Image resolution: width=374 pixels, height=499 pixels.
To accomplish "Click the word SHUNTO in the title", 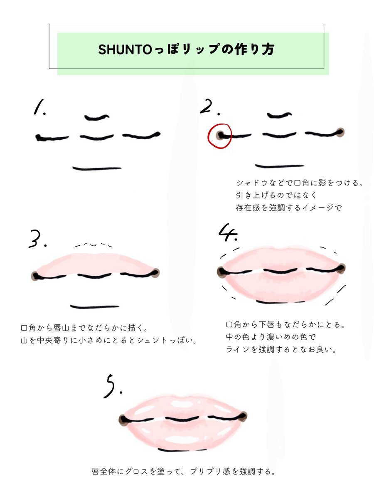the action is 125,49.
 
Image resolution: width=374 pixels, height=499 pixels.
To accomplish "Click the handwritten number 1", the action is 39,106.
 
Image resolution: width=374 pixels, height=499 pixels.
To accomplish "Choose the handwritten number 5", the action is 112,386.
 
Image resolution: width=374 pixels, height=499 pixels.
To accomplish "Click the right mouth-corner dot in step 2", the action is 340,132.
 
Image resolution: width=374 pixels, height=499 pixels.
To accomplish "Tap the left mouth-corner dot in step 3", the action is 35,276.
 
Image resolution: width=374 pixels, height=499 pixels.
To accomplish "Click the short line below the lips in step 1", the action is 97,169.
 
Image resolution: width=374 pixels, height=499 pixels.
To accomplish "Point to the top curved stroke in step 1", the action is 97,117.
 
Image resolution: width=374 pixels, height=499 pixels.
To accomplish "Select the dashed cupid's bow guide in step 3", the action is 93,245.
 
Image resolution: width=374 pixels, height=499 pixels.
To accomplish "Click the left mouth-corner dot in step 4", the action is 221,272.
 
